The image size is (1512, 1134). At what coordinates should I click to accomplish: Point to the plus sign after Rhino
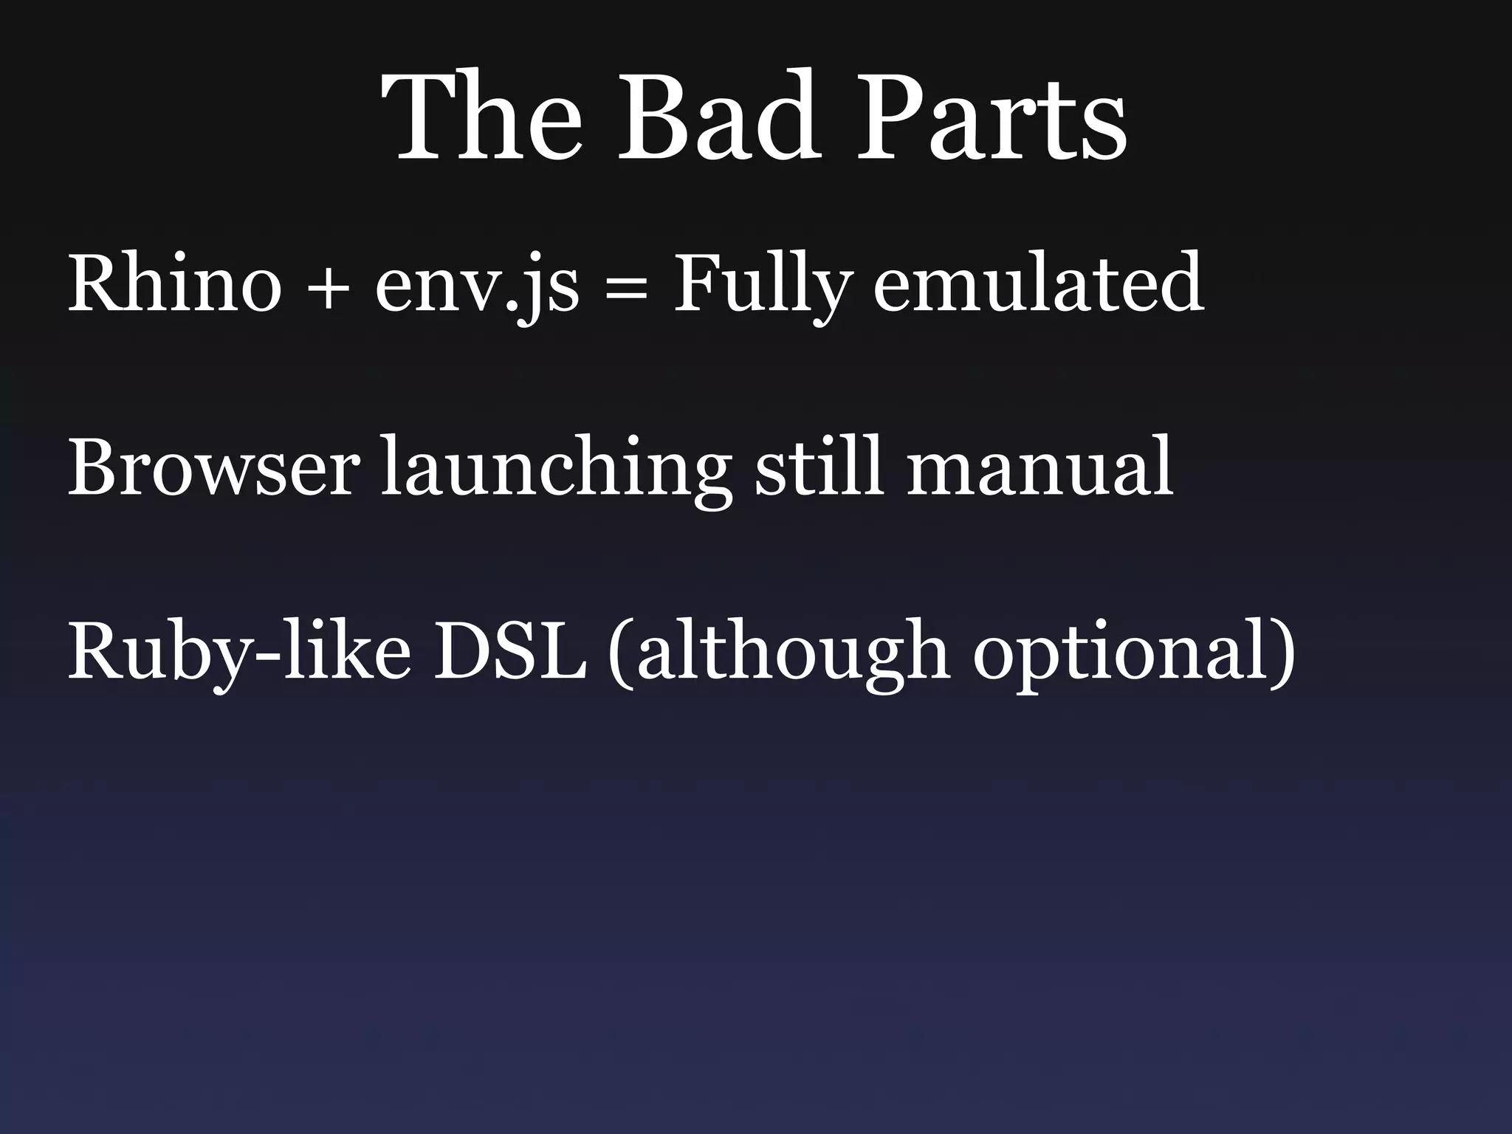(x=328, y=287)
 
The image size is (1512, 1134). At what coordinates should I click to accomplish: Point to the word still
(x=819, y=466)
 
